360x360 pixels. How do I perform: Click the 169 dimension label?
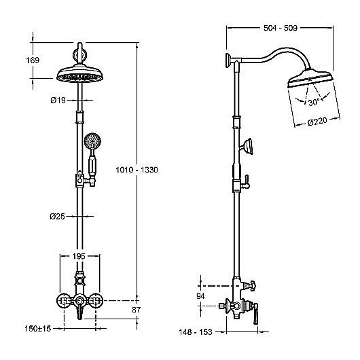33,60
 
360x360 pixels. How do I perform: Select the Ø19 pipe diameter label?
58,101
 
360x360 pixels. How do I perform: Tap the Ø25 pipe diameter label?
58,216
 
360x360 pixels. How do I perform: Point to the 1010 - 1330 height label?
137,170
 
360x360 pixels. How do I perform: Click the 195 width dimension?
79,256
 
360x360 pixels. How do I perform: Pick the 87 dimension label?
136,310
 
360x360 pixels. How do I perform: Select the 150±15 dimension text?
38,329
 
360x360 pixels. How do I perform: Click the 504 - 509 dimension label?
281,28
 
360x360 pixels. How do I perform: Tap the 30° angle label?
314,102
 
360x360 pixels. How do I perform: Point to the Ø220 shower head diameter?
317,122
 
